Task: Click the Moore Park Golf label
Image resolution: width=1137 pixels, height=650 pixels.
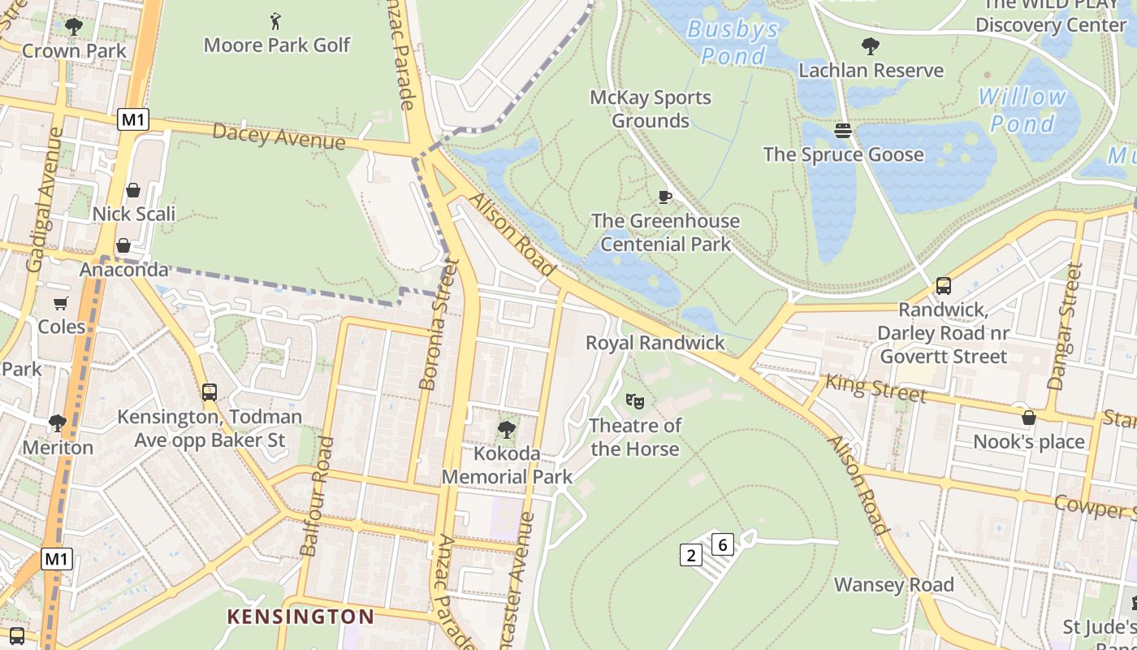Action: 276,45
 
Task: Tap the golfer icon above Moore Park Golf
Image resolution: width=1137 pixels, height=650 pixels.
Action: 276,19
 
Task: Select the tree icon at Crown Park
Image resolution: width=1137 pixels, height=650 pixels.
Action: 74,27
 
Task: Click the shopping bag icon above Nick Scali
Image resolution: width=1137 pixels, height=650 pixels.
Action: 133,190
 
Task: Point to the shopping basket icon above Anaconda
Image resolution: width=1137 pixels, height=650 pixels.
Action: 123,245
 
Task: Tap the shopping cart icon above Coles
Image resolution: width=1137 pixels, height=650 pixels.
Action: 61,303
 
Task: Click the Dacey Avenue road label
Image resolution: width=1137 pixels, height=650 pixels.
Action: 279,136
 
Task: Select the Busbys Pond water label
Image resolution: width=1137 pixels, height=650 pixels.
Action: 733,42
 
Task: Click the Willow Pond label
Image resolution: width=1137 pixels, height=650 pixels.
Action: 1022,110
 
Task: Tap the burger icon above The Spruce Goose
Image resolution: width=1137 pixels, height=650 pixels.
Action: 843,131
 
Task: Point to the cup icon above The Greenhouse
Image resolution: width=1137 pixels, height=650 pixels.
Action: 664,197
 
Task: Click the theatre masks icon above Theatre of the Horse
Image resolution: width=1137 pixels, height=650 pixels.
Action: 634,401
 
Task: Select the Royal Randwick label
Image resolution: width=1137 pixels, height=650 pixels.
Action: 655,342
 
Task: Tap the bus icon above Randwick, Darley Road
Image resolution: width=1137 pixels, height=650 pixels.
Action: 943,286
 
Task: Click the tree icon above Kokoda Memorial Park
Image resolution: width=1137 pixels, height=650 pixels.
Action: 507,429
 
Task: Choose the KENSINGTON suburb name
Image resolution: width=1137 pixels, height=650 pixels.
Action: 300,617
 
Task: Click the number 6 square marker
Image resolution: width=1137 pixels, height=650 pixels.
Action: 723,544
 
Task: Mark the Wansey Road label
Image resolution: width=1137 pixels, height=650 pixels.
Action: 893,585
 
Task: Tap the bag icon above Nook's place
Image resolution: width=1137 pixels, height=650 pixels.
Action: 1029,418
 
